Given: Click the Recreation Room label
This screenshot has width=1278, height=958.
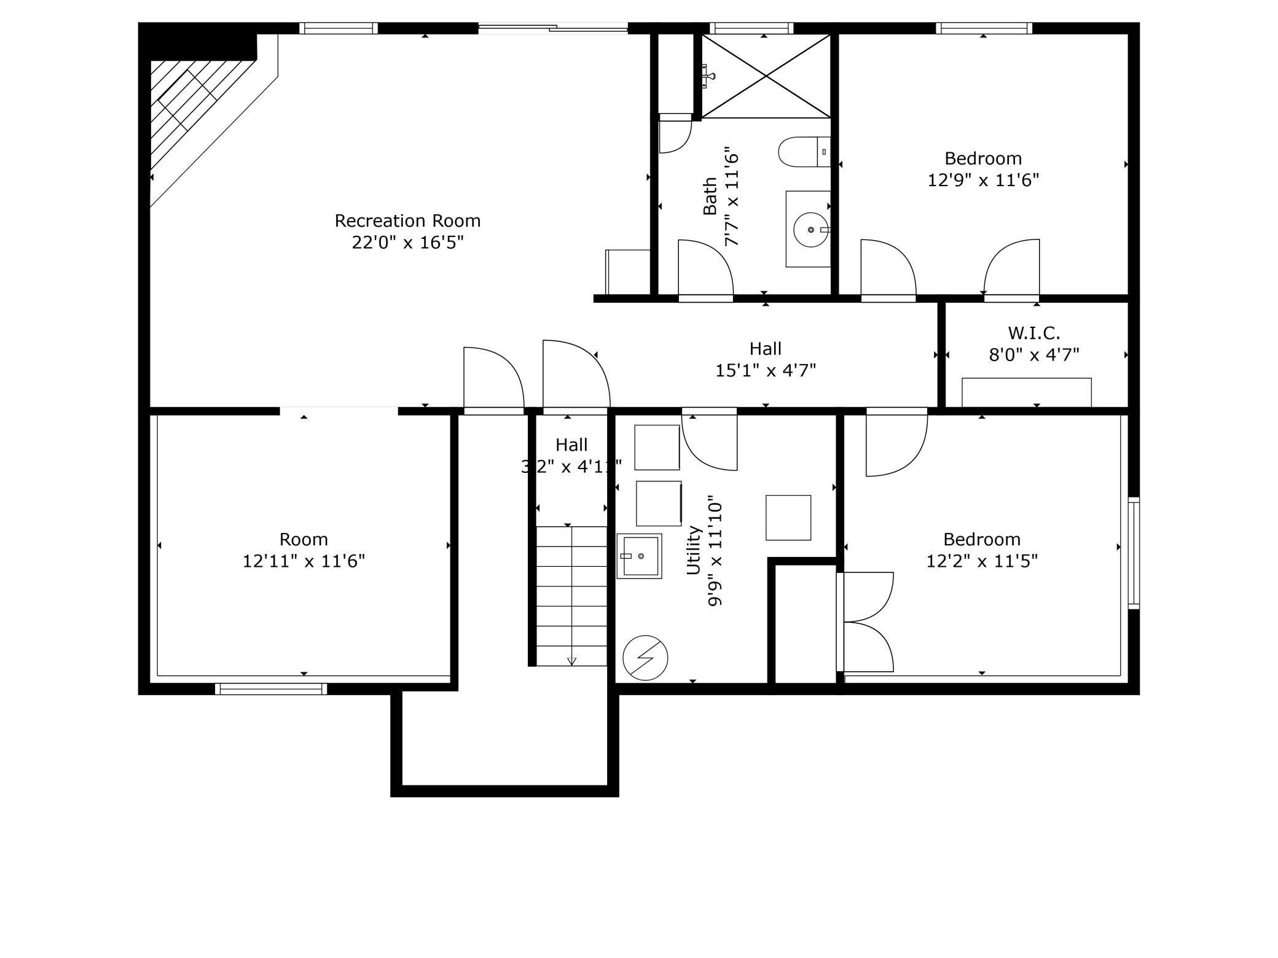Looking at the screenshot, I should [407, 220].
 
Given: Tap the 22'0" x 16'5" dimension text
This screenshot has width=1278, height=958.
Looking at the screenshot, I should [407, 243].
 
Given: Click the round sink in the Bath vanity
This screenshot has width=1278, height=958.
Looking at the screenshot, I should [810, 230].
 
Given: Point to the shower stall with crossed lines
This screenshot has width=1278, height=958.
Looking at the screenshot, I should [766, 76].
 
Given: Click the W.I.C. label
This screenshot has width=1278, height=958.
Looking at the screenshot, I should [1033, 333].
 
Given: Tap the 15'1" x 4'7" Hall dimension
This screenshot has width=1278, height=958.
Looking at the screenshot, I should [765, 370].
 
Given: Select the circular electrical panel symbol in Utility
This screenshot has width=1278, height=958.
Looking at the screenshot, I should [645, 657].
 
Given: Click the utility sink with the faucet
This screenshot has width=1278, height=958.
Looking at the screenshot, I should [639, 556].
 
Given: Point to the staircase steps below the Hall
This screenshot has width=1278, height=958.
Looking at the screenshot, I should [571, 596].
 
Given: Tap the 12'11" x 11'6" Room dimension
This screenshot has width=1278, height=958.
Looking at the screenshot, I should [304, 561].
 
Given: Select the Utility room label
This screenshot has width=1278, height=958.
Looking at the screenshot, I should [693, 550].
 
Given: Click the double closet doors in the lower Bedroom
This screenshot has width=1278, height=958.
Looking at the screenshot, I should [866, 621].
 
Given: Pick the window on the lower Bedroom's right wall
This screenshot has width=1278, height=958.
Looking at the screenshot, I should [1134, 553].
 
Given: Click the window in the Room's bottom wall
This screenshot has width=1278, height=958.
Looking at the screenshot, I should [271, 688].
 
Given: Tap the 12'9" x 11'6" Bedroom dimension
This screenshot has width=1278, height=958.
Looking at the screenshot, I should [982, 180].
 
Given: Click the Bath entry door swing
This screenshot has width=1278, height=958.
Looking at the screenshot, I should [705, 269].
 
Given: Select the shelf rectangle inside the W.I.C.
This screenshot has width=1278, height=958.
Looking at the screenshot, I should [1026, 392].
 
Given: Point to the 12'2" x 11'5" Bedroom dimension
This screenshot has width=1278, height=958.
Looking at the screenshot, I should [981, 561].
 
